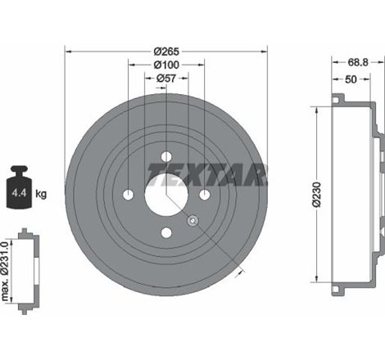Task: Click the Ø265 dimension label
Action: coord(166,52)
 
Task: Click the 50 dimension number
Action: coord(350,80)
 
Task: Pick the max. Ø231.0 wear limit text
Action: coord(7,268)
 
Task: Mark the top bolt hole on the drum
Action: coord(166,157)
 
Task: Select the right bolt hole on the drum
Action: coord(204,195)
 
